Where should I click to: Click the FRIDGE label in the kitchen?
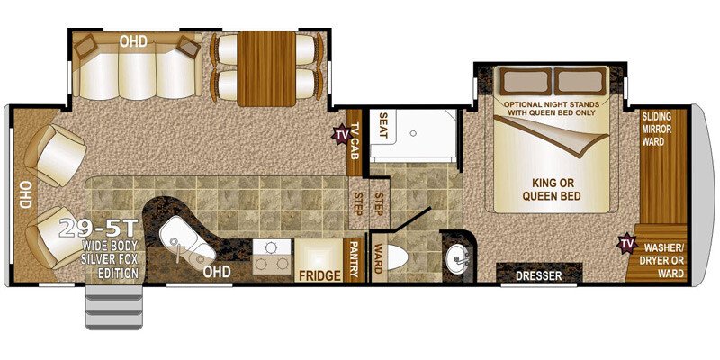(319, 274)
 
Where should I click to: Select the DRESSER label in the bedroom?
(536, 275)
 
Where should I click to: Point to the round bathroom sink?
(458, 259)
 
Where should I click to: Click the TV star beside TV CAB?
(341, 135)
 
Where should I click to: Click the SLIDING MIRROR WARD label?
(663, 128)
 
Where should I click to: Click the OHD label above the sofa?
(133, 40)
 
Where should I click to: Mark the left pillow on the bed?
(521, 82)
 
